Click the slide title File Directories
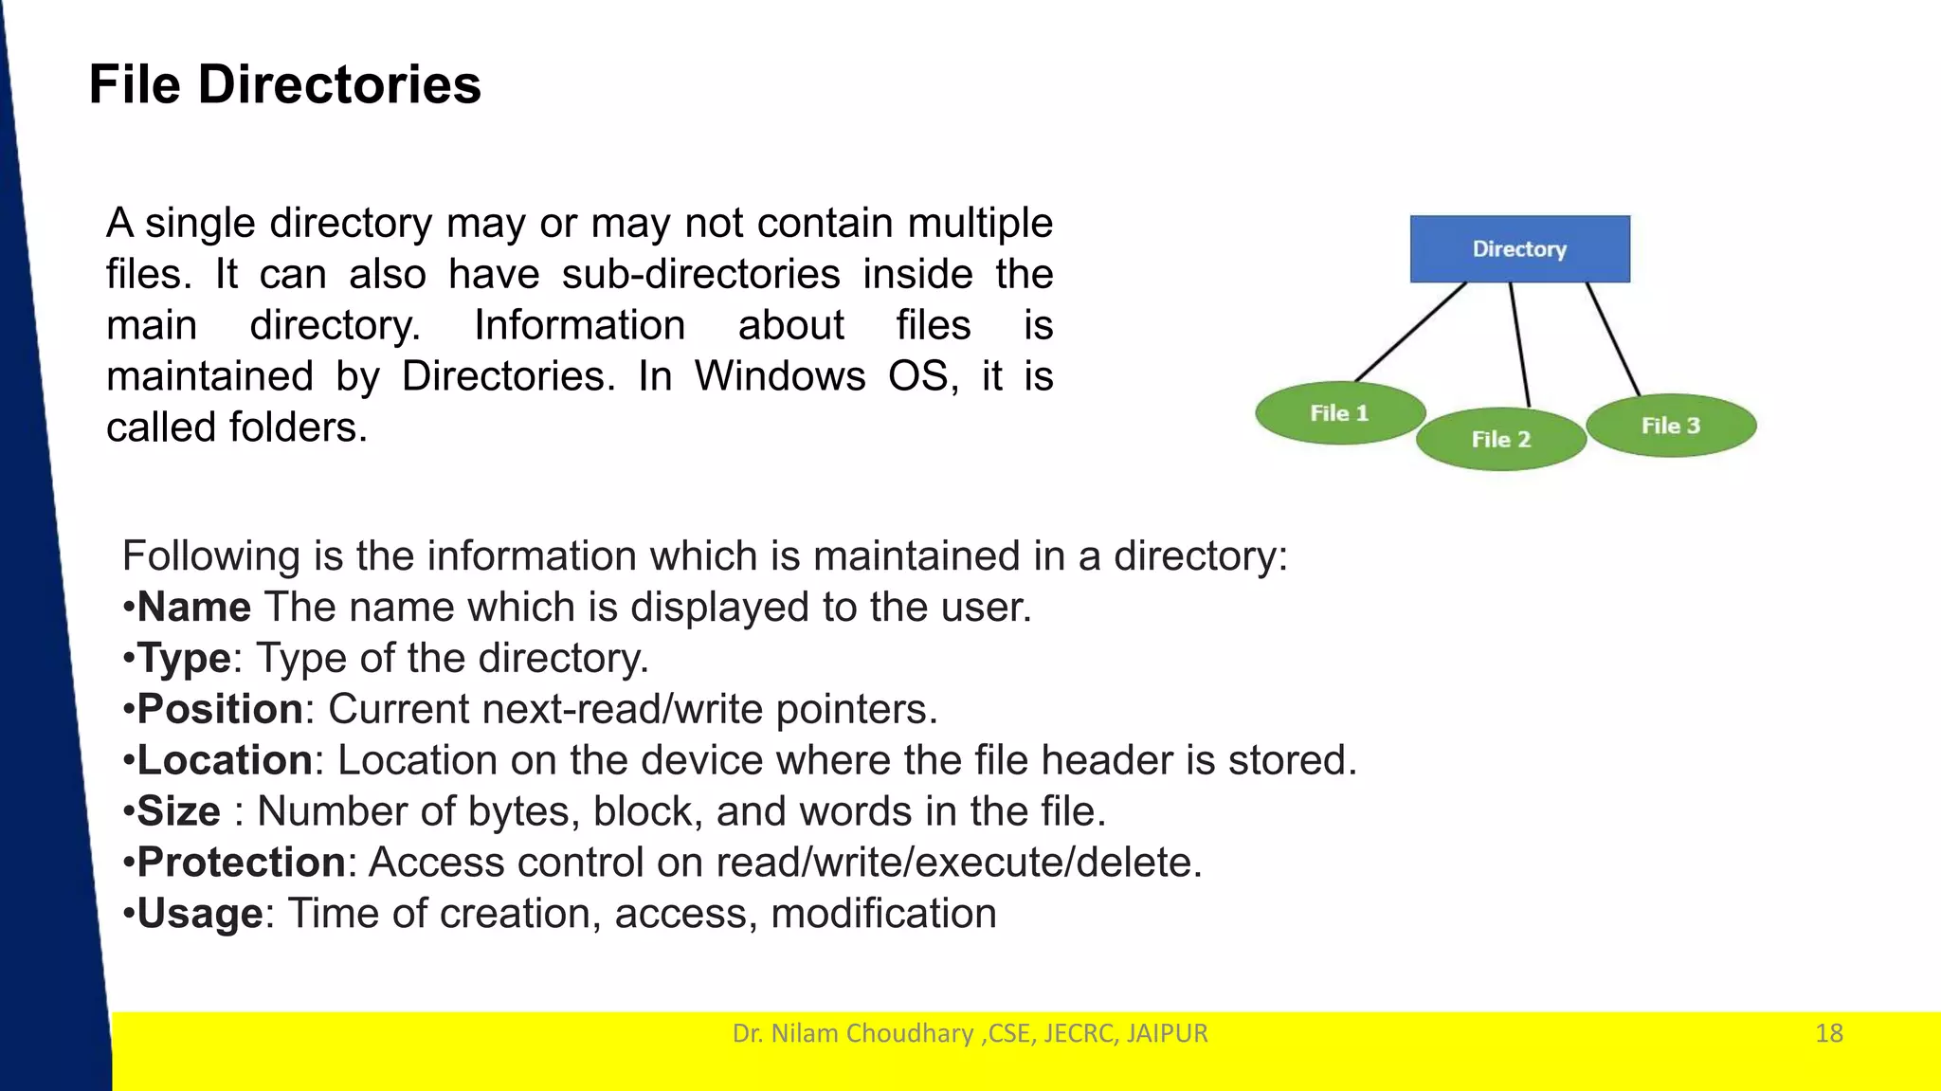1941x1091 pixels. point(284,84)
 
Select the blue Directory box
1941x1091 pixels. point(1519,248)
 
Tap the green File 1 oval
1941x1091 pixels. point(1339,413)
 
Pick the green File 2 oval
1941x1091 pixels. point(1500,439)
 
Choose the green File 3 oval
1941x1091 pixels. point(1671,426)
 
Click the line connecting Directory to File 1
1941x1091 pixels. point(1411,332)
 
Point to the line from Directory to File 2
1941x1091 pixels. point(1519,344)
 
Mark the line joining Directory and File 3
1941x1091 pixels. point(1613,338)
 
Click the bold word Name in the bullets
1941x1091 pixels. point(194,607)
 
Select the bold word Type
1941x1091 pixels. point(184,658)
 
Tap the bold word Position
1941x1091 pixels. point(220,709)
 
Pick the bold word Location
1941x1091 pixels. point(225,760)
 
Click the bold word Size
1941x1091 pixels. point(179,811)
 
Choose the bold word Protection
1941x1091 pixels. point(241,863)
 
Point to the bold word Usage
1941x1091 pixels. point(200,914)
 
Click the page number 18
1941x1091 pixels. point(1828,1033)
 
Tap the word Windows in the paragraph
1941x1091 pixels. point(780,376)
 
